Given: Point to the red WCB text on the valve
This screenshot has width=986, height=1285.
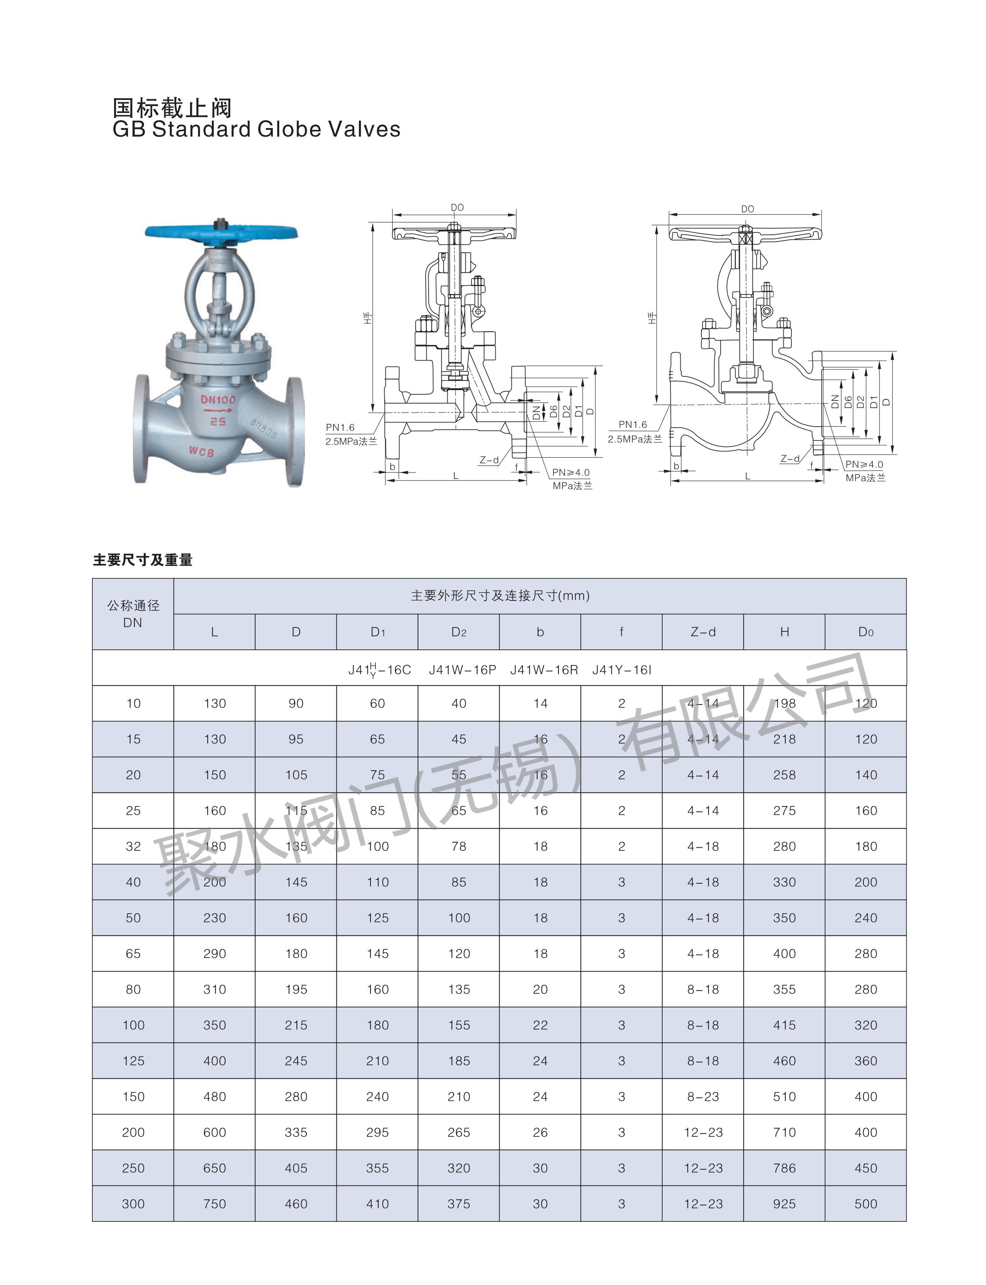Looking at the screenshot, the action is coord(201,451).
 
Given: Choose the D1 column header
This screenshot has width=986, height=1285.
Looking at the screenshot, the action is coord(377,632).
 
